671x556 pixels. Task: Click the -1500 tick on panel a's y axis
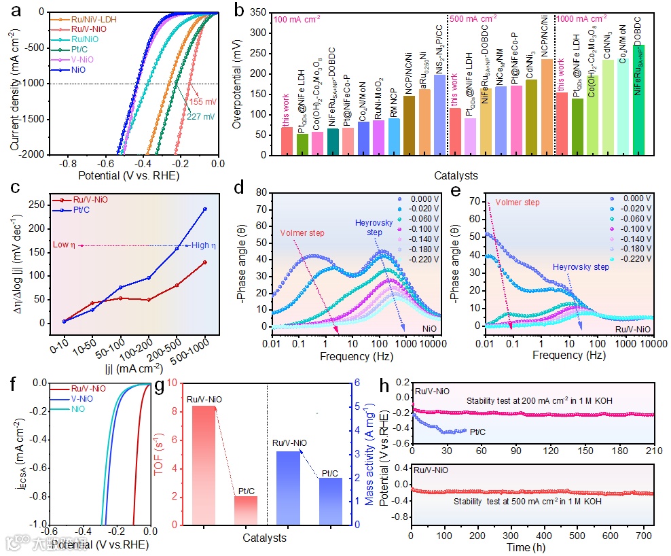(31, 119)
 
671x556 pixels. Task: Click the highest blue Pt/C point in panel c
(204, 209)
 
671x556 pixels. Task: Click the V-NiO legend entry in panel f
(81, 398)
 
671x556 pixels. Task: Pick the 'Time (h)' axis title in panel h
(532, 546)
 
